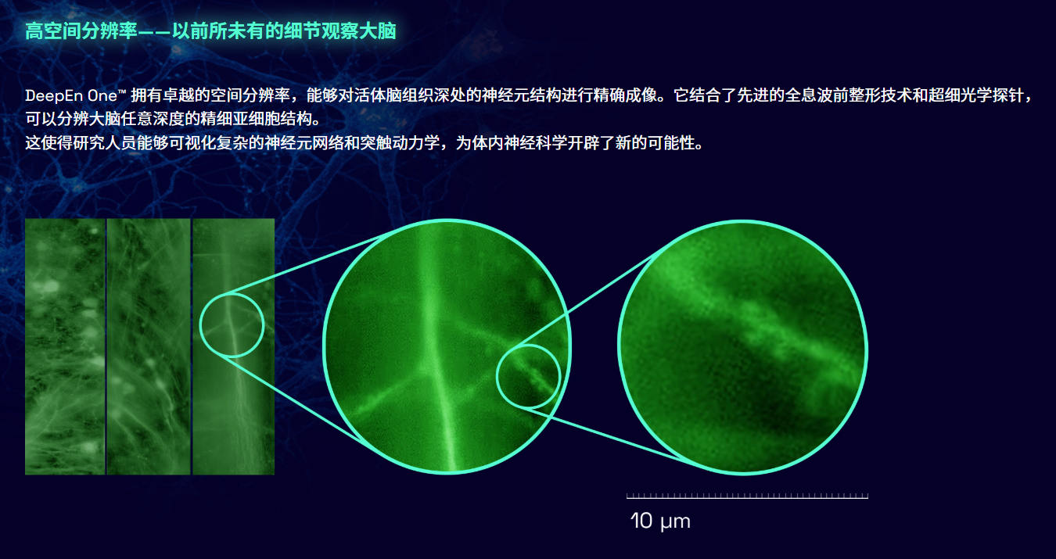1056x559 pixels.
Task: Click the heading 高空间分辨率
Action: coord(81,31)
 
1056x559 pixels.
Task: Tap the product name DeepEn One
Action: coord(71,95)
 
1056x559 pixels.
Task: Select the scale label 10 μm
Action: coord(660,521)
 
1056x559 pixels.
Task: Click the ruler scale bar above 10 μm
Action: coord(747,496)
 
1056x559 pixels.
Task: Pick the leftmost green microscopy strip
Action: coord(65,346)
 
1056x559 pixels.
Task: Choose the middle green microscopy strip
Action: coord(149,346)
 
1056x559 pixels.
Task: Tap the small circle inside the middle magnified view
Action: coord(497,377)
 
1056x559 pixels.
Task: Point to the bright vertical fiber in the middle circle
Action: coord(437,349)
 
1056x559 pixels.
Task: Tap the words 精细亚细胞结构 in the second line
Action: coord(256,119)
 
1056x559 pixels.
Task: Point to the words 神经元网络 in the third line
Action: coord(304,142)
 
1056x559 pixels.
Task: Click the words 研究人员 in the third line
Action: coord(105,142)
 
